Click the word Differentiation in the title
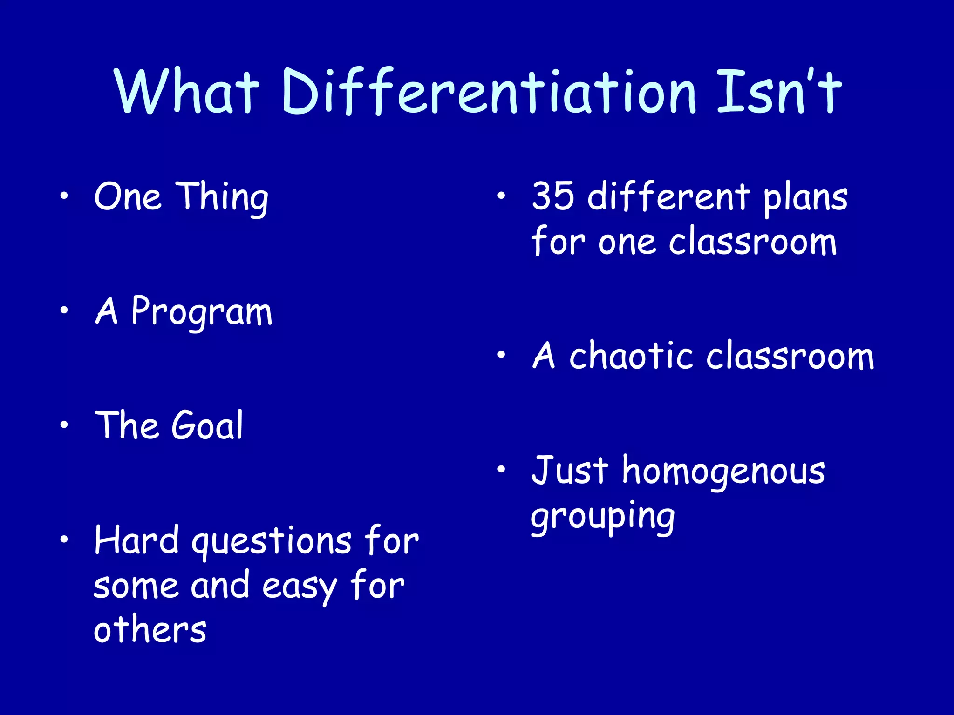coord(489,92)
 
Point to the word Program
coord(201,312)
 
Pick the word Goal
coord(207,425)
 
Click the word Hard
coord(136,540)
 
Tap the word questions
coord(272,542)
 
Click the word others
coord(150,630)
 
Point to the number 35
coord(553,196)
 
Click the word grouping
coord(602,518)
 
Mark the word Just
coord(569,470)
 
